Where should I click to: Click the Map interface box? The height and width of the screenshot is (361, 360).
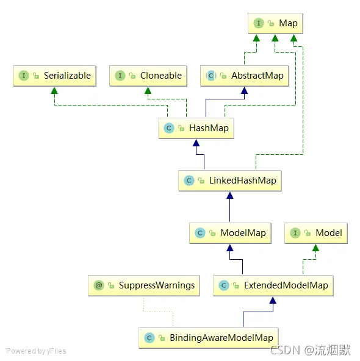click(x=275, y=23)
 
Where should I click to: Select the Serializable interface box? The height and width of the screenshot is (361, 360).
click(x=55, y=76)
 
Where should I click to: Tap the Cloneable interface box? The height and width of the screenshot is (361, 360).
click(x=148, y=76)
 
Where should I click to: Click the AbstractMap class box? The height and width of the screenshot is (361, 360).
click(x=244, y=76)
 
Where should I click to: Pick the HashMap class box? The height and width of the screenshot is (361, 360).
click(x=196, y=128)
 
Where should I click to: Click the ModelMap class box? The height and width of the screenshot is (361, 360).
click(x=229, y=233)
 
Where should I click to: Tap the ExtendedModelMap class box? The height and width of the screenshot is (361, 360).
click(x=273, y=285)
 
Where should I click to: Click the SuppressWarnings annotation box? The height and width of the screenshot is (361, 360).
click(x=144, y=285)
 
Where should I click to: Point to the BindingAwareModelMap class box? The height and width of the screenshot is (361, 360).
click(x=209, y=337)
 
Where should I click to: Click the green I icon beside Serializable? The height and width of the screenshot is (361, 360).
click(x=24, y=76)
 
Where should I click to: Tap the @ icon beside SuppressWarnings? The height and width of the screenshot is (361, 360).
click(x=99, y=285)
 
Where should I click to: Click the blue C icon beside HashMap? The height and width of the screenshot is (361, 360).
click(x=169, y=128)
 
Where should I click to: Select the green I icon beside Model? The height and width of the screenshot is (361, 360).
click(x=296, y=233)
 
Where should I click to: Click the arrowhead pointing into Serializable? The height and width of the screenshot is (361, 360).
click(x=54, y=90)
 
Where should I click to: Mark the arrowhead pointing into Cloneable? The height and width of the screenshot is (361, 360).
click(x=148, y=90)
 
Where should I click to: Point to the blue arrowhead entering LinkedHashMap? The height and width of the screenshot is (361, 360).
click(x=229, y=195)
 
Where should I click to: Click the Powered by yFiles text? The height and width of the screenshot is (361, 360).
click(x=36, y=351)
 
